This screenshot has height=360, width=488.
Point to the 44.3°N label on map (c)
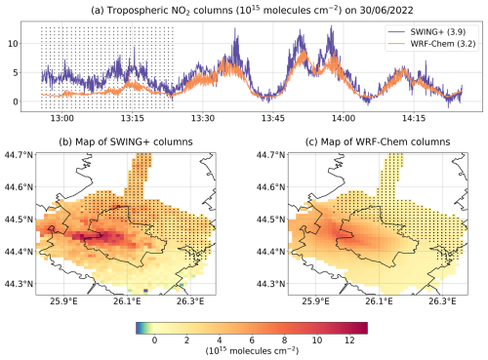tap(256, 284)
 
